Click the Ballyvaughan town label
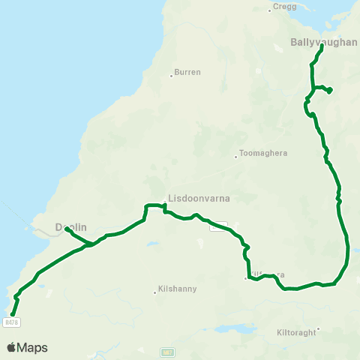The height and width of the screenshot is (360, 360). pos(324,42)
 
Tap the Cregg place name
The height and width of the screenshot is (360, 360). pos(285,5)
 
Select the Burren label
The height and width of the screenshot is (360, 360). pos(187,73)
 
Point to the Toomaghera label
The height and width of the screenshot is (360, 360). pos(262,153)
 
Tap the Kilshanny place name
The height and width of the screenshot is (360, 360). pos(177,290)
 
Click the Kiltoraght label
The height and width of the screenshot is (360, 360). pos(297,332)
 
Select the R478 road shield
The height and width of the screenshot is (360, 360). pos(10,322)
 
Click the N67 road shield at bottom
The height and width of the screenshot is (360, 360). pos(166,352)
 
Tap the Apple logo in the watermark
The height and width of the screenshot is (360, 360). pos(11,347)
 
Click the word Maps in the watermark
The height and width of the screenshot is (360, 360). pos(32,347)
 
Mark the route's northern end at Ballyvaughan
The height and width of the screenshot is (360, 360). pos(322,46)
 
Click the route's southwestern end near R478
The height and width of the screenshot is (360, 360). pos(12,313)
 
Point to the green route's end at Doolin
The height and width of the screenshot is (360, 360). pos(67,229)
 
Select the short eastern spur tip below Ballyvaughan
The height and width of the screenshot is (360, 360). pos(330,91)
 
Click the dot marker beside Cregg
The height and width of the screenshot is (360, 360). pos(270,10)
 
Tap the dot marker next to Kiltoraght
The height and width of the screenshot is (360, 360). pos(318,328)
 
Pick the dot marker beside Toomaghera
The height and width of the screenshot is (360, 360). pos(235,157)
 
